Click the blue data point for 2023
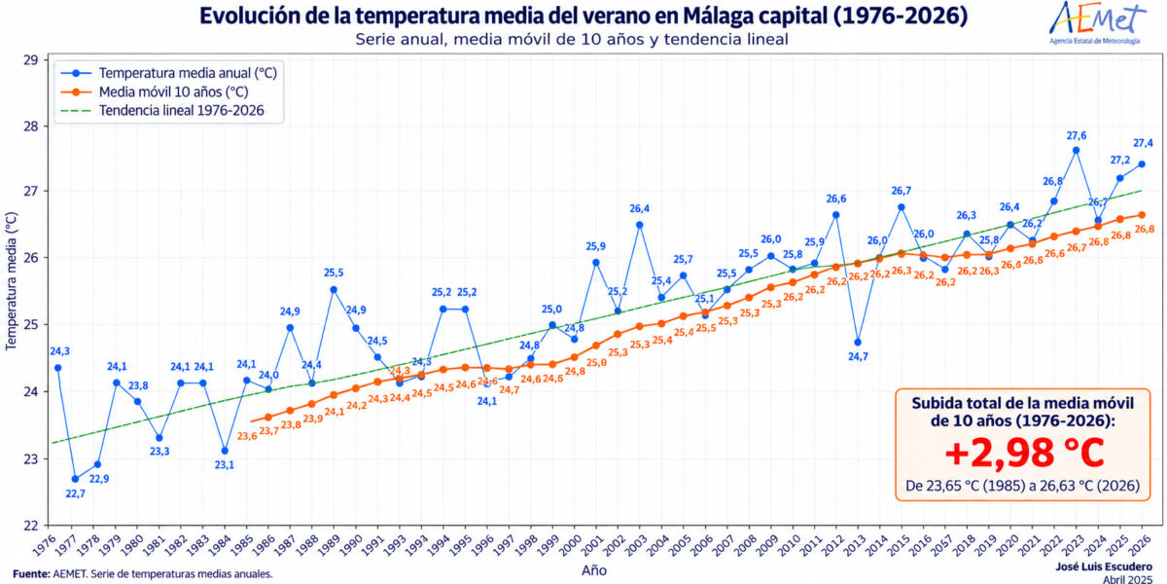(x=1076, y=150)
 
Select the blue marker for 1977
(x=75, y=479)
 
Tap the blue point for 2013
(x=858, y=342)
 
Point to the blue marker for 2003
(x=639, y=225)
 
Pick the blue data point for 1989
(x=334, y=289)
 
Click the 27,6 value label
(x=1077, y=135)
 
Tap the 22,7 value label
(x=76, y=493)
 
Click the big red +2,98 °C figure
(x=1024, y=454)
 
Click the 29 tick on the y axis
(x=31, y=60)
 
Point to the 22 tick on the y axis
(x=31, y=525)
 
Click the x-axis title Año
(x=594, y=570)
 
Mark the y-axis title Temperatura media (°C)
(x=11, y=281)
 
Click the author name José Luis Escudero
(x=1104, y=566)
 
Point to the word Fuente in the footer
(x=31, y=574)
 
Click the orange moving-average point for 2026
(x=1141, y=215)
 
